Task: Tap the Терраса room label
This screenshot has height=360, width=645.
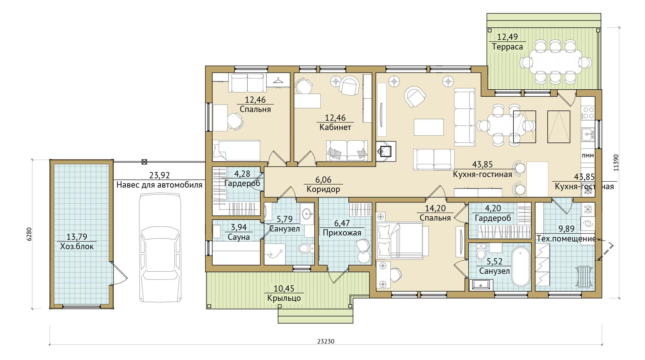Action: [x=507, y=47]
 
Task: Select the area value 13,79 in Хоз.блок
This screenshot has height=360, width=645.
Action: [x=77, y=237]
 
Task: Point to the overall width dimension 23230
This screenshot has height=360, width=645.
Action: [x=326, y=341]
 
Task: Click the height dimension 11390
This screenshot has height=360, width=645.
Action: [x=616, y=163]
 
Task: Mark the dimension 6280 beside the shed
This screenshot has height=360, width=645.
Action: [x=29, y=234]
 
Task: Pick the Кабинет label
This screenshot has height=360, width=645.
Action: [x=335, y=127]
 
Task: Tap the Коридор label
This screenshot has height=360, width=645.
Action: [x=323, y=189]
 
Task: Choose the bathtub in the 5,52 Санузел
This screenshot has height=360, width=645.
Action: [x=521, y=267]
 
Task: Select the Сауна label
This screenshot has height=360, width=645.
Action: [x=239, y=237]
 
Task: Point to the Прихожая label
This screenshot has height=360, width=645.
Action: [x=342, y=233]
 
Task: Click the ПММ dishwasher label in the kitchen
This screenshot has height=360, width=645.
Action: [x=588, y=155]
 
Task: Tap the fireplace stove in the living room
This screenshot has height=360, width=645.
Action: [x=386, y=151]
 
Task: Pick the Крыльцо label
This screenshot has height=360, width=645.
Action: [x=284, y=298]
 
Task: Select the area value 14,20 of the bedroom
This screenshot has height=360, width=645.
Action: [x=435, y=208]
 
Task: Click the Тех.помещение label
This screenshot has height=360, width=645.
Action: [x=566, y=238]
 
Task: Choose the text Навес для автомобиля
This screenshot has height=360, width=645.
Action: [x=160, y=185]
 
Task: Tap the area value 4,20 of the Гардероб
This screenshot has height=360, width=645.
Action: [x=493, y=208]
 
